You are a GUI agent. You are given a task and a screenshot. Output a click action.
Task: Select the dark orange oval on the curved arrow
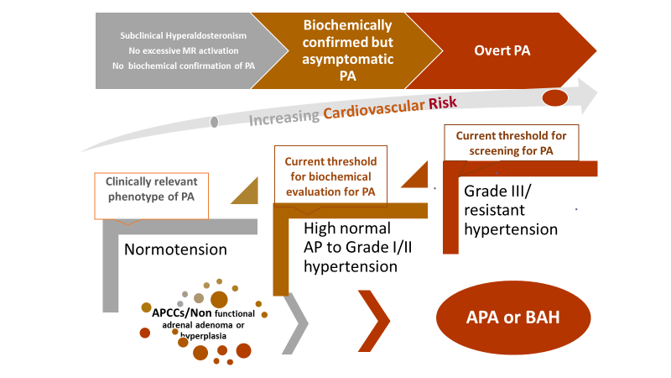pyautogui.click(x=554, y=98)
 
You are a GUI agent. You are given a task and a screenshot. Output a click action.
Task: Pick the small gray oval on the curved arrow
pyautogui.click(x=215, y=123)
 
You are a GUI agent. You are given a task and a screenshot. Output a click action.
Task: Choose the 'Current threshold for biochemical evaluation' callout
pyautogui.click(x=330, y=176)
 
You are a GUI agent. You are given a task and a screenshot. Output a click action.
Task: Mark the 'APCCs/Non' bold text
pyautogui.click(x=172, y=315)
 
